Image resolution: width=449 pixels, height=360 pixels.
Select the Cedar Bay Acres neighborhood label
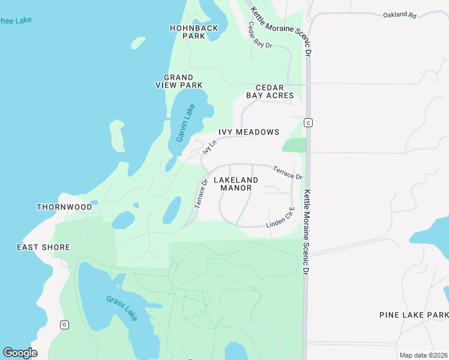click(x=270, y=91)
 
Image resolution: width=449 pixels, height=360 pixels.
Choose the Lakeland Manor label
click(x=235, y=184)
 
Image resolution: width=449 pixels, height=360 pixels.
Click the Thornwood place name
click(x=64, y=207)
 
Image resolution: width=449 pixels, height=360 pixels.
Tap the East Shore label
click(x=43, y=247)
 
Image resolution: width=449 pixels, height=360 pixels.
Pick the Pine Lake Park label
click(x=414, y=315)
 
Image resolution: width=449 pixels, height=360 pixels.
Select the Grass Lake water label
click(x=123, y=307)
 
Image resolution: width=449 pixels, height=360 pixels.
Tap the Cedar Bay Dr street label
click(x=260, y=35)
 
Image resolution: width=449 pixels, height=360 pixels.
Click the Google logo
click(x=20, y=353)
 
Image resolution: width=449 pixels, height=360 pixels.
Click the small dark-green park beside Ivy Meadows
click(x=294, y=145)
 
